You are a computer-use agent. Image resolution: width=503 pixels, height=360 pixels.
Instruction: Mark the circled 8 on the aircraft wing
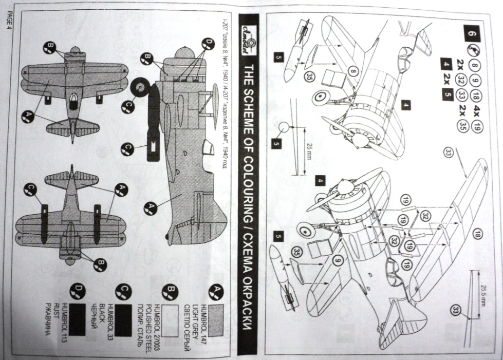point(353,72)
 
